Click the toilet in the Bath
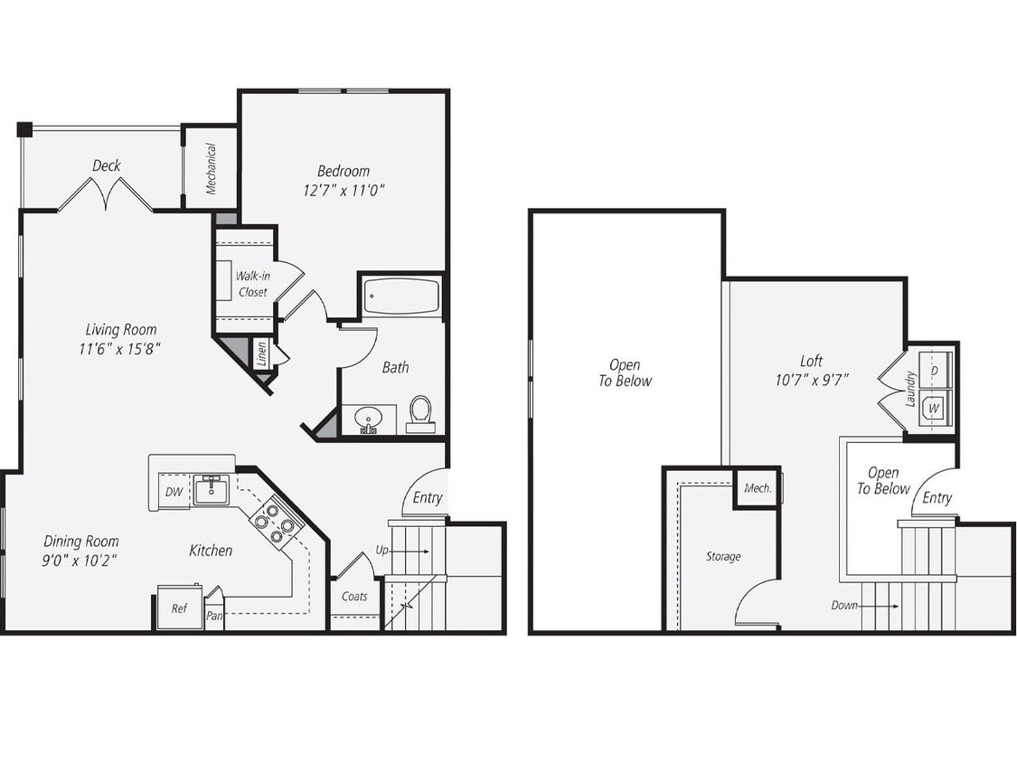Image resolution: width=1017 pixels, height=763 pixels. click(x=420, y=414)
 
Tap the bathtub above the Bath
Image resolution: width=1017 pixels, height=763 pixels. click(x=401, y=297)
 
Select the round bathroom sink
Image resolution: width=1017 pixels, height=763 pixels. click(x=368, y=420)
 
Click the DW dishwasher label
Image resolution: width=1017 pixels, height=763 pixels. click(x=174, y=492)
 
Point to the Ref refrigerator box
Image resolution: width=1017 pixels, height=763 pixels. click(x=179, y=608)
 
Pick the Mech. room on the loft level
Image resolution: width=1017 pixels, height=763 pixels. click(x=757, y=488)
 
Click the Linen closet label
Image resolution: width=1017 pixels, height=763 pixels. click(x=261, y=352)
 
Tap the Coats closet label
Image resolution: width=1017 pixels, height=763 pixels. click(x=354, y=597)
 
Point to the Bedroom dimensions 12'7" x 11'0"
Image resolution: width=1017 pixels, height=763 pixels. click(x=344, y=190)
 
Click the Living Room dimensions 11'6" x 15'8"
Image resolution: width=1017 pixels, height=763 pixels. click(x=121, y=347)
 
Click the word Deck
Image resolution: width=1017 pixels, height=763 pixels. click(x=106, y=165)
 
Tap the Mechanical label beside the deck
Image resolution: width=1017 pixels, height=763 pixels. click(x=211, y=169)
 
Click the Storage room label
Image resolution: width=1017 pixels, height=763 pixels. click(x=723, y=557)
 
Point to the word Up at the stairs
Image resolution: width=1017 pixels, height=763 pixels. click(x=382, y=550)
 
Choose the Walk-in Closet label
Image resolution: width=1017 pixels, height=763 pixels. click(x=252, y=283)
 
